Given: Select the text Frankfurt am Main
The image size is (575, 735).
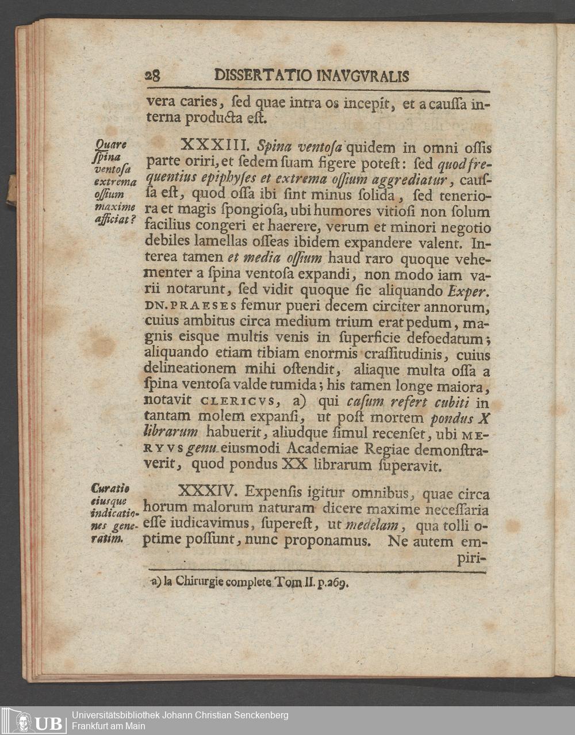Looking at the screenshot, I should click(x=108, y=726).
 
